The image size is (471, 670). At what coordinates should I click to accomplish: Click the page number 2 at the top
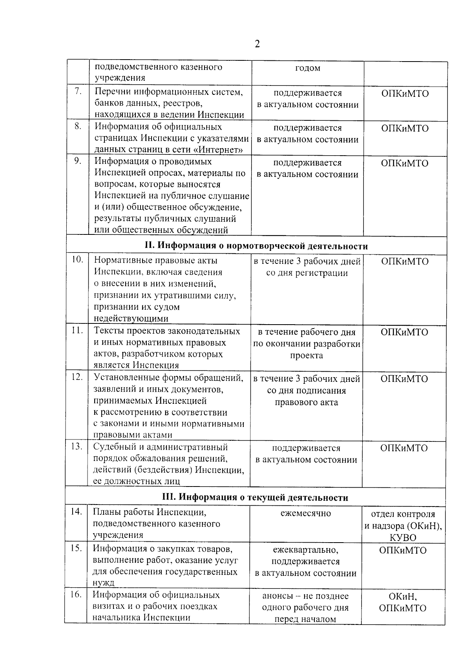(257, 44)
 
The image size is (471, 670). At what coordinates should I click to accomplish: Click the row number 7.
(78, 91)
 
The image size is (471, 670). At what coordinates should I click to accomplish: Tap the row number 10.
(77, 260)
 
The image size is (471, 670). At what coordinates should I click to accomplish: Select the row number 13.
(77, 446)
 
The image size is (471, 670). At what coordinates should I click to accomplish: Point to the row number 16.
(76, 594)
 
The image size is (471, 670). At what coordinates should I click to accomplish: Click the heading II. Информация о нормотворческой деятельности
(256, 246)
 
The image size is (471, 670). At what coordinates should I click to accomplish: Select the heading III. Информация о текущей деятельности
(255, 498)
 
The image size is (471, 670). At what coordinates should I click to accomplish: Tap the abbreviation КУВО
(403, 537)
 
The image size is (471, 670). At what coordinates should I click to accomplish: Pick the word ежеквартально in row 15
(305, 550)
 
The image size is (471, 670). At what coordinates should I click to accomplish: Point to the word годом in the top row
(307, 68)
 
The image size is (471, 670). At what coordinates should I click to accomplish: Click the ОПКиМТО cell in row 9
(405, 163)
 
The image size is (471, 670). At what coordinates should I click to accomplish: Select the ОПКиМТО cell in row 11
(404, 332)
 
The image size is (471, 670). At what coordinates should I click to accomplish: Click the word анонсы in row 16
(277, 596)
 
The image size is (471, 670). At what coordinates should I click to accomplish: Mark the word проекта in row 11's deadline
(307, 356)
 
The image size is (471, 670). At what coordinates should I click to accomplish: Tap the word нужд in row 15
(103, 583)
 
